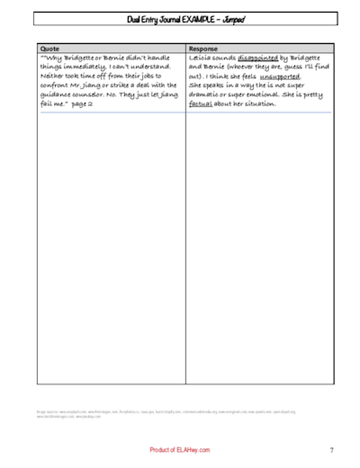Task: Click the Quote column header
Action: [x=50, y=49]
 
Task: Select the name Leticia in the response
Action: [x=203, y=58]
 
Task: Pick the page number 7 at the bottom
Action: [x=331, y=449]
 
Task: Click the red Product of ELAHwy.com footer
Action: [x=181, y=449]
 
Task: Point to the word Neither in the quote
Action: [x=55, y=77]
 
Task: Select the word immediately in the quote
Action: [x=91, y=67]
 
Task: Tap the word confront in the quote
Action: [x=58, y=86]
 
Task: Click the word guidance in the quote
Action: [x=62, y=95]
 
